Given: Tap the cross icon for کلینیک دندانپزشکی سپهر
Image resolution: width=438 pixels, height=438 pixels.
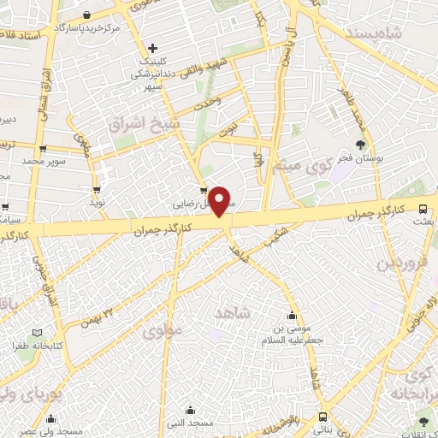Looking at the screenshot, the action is click(x=153, y=48).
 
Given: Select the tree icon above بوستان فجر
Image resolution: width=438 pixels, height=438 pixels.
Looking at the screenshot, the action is click(x=359, y=145).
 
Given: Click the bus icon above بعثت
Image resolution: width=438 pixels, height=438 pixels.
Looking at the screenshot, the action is click(x=423, y=208).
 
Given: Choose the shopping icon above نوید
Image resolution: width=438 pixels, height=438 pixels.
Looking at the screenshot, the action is click(x=97, y=190).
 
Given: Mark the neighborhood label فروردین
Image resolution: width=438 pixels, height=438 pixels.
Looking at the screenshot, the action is click(x=400, y=262).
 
